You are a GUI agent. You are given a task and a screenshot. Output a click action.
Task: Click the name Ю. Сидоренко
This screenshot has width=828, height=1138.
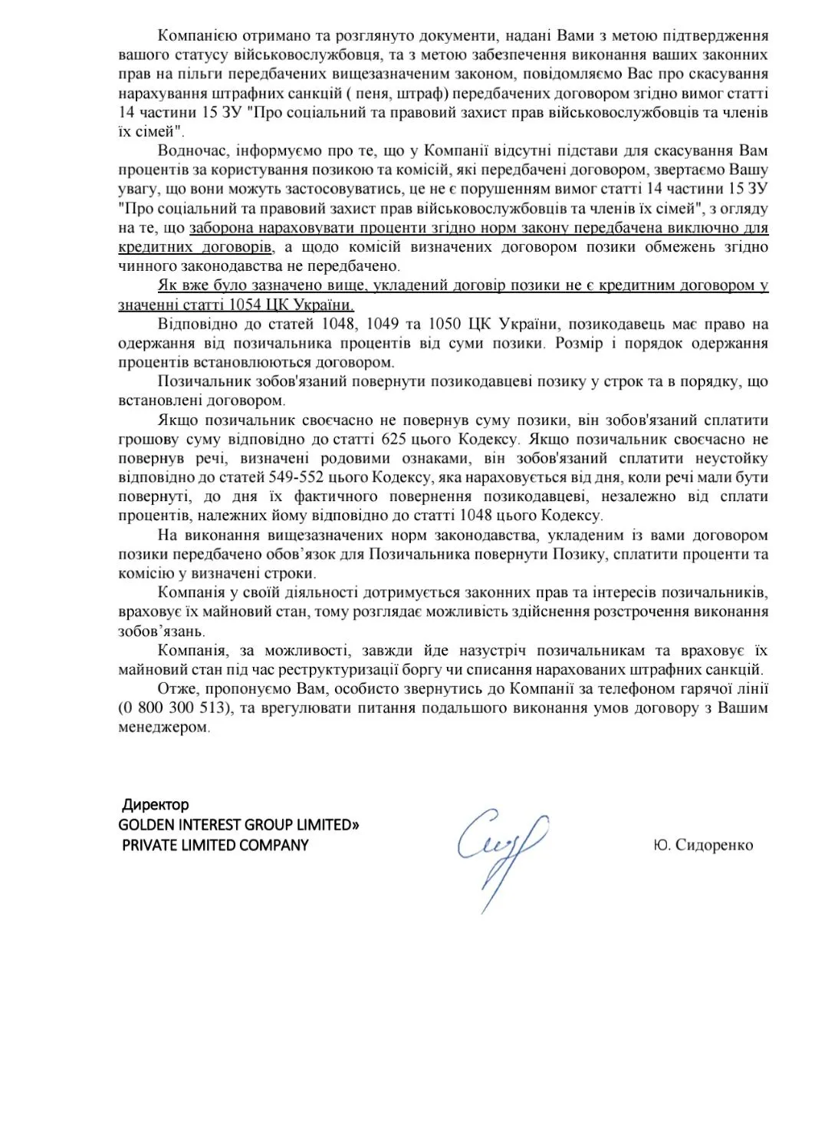point(703,845)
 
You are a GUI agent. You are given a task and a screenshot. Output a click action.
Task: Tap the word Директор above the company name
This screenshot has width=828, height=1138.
point(156,805)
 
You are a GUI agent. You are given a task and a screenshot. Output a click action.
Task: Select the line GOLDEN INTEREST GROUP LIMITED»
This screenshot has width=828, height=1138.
point(239,825)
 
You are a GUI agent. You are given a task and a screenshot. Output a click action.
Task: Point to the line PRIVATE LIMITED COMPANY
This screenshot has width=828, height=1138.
point(215,845)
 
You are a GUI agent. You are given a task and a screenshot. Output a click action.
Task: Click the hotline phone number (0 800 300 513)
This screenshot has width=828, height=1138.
point(174,708)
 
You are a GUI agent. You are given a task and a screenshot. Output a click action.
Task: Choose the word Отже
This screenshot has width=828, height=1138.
point(176,688)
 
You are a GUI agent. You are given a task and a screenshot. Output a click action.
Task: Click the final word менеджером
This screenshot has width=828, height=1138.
point(163,727)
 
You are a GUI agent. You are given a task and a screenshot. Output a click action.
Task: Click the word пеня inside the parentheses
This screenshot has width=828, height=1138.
point(369,94)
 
